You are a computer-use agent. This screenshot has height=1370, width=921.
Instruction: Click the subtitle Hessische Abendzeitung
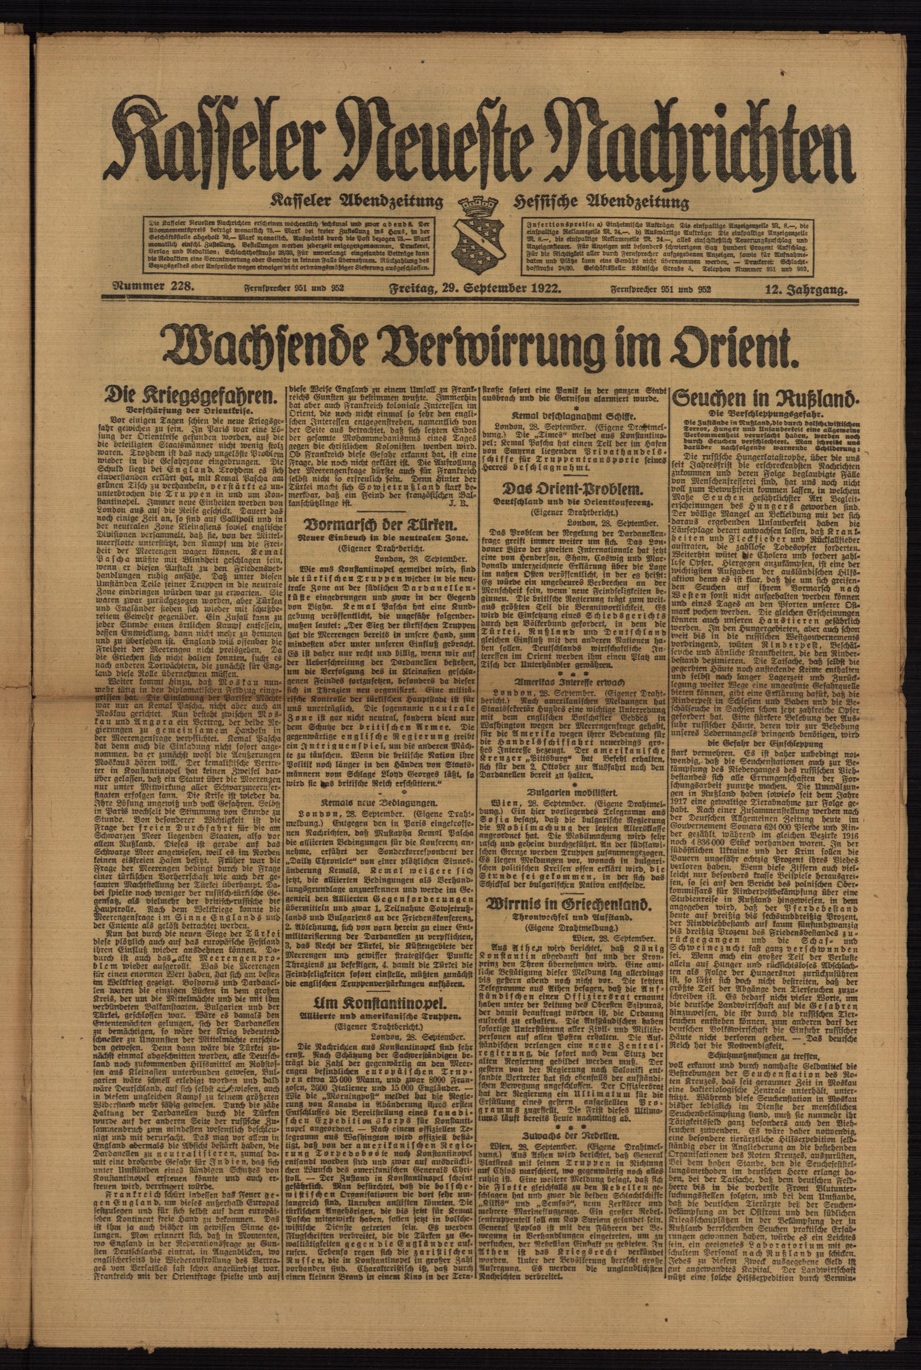(600, 203)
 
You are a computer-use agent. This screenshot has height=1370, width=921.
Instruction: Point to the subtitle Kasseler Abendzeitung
(356, 203)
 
